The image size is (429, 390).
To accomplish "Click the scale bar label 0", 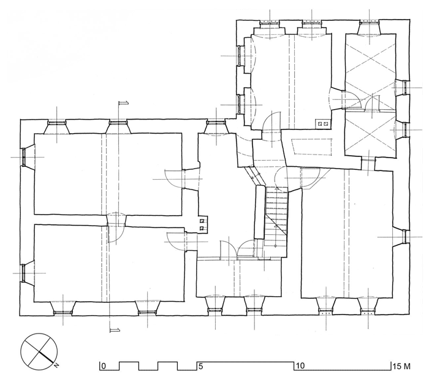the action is pyautogui.click(x=104, y=366).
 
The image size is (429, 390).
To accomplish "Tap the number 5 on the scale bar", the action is pyautogui.click(x=201, y=366).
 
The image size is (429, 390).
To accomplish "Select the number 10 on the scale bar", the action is pyautogui.click(x=300, y=366).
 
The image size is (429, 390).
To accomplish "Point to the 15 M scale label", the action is pyautogui.click(x=401, y=366).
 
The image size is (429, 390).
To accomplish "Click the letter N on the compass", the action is pyautogui.click(x=56, y=365).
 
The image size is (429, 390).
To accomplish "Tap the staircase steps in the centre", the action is pyautogui.click(x=276, y=216).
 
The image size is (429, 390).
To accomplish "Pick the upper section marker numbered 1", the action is pyautogui.click(x=124, y=103).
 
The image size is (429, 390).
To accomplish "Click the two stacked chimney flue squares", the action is pyautogui.click(x=202, y=224).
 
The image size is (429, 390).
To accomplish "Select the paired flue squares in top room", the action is pyautogui.click(x=322, y=124).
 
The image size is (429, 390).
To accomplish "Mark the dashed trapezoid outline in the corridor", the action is pyautogui.click(x=312, y=147).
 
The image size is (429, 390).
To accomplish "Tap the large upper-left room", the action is pyautogui.click(x=108, y=174).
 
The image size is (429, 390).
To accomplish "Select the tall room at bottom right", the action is pyautogui.click(x=347, y=233).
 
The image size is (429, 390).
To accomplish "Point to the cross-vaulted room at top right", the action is pyautogui.click(x=370, y=71).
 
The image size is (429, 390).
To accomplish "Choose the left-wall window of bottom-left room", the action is pyautogui.click(x=24, y=273).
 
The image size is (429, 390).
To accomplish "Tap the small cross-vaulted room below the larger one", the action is pyautogui.click(x=370, y=134).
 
